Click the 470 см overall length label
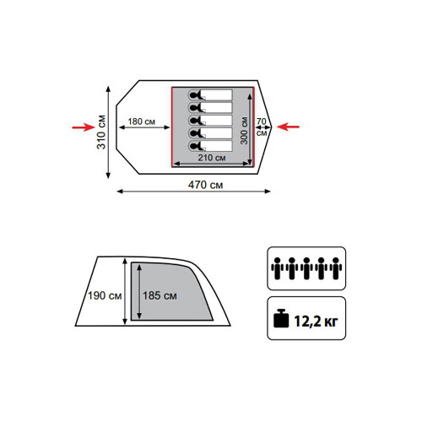[x=205, y=185]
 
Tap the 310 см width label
[x=101, y=132]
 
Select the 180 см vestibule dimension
[x=142, y=122]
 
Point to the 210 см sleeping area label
[x=212, y=158]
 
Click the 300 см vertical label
[x=244, y=131]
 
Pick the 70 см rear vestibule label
[x=262, y=127]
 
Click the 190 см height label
[x=105, y=295]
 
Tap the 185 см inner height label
[x=160, y=295]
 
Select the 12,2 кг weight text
[x=316, y=321]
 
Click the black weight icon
[x=281, y=318]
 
